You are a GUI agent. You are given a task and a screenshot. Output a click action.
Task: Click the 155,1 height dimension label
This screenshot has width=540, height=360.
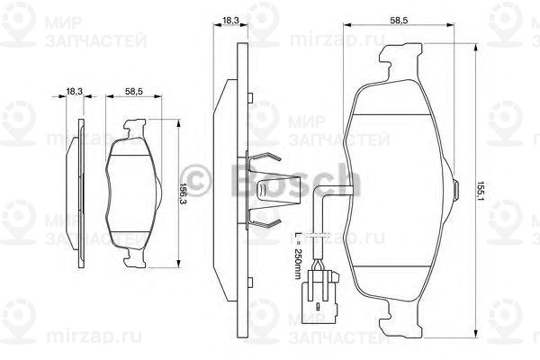click(481, 191)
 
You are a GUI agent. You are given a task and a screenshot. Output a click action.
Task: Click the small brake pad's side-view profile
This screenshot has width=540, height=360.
click(73, 193)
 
